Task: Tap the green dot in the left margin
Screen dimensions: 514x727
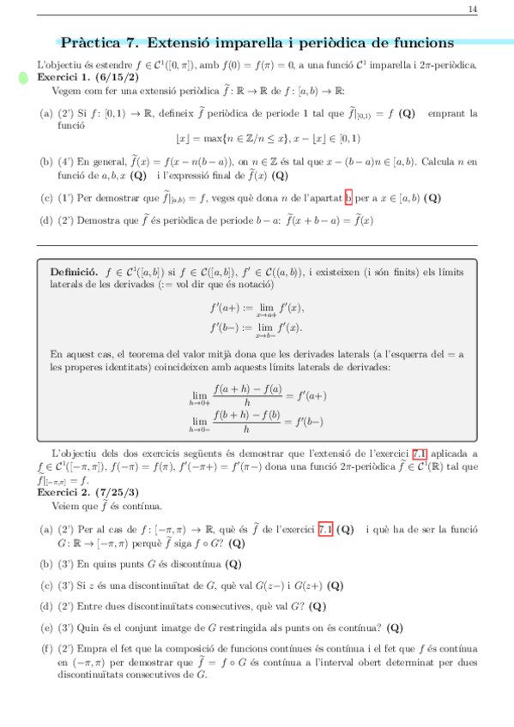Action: coord(24,79)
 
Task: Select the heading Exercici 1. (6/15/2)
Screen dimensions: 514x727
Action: coord(82,76)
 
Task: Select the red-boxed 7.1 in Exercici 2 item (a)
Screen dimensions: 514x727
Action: coord(326,529)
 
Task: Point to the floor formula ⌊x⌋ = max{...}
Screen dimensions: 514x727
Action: coord(267,138)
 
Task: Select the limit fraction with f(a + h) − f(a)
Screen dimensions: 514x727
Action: coord(257,396)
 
